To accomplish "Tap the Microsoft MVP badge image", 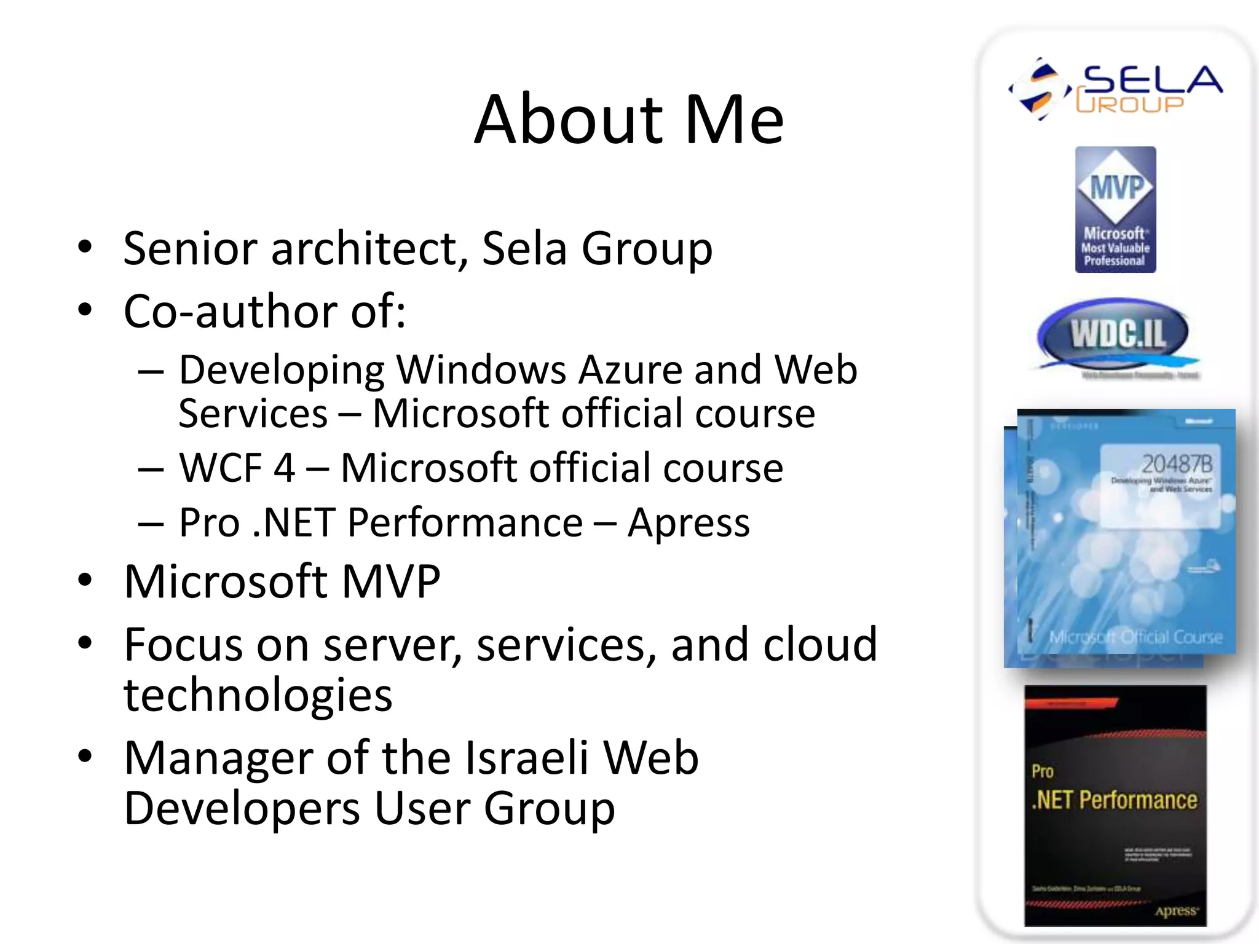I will pos(1115,210).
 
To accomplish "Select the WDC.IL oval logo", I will pos(1113,335).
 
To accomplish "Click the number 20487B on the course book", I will pos(1177,463).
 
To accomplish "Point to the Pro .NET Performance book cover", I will pos(1115,805).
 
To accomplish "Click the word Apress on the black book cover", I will pos(1176,911).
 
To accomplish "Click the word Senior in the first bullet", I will pos(190,248).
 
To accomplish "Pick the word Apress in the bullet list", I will pos(689,523).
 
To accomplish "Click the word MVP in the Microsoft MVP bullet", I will pos(391,581).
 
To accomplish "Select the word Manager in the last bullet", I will pos(218,758).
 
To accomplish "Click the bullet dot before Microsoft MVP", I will pos(85,580).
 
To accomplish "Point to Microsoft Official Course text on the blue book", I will pos(1135,637).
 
